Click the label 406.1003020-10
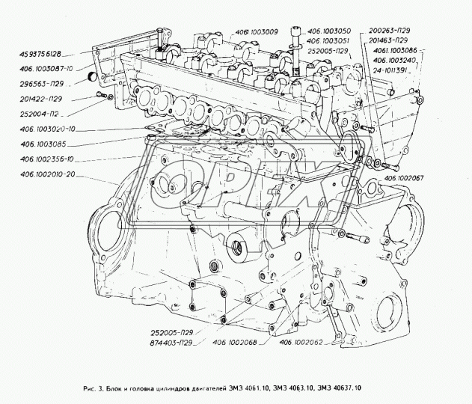tap(54, 129)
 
